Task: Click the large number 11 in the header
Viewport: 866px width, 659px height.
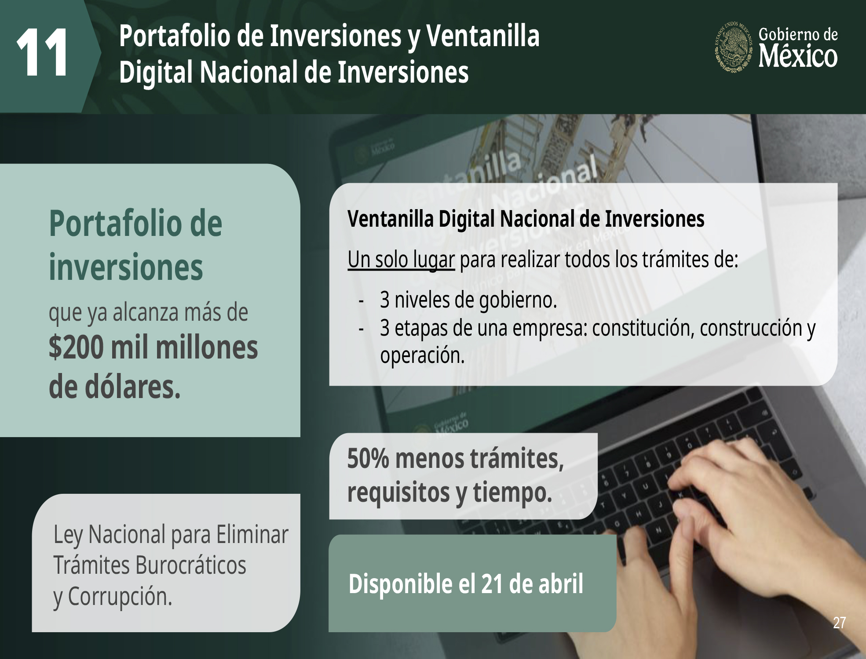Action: coord(42,52)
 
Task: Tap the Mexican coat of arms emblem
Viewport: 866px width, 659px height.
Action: coord(734,47)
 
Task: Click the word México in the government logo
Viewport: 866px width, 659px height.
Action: coord(798,56)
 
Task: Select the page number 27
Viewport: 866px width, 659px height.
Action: coord(839,623)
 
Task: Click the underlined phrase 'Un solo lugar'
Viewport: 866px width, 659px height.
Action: coord(401,259)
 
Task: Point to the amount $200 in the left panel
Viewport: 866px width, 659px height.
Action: coord(77,347)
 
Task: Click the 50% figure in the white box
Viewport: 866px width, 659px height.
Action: coord(368,459)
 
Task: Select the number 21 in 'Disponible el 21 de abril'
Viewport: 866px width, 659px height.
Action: coord(492,584)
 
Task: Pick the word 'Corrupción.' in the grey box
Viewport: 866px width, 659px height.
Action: coord(120,597)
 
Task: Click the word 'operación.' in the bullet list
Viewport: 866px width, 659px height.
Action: coord(422,355)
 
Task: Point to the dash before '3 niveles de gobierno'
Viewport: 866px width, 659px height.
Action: coord(361,301)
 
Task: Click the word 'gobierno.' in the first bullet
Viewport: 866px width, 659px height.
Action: coord(518,301)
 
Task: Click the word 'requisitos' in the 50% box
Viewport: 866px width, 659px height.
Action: coord(398,493)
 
